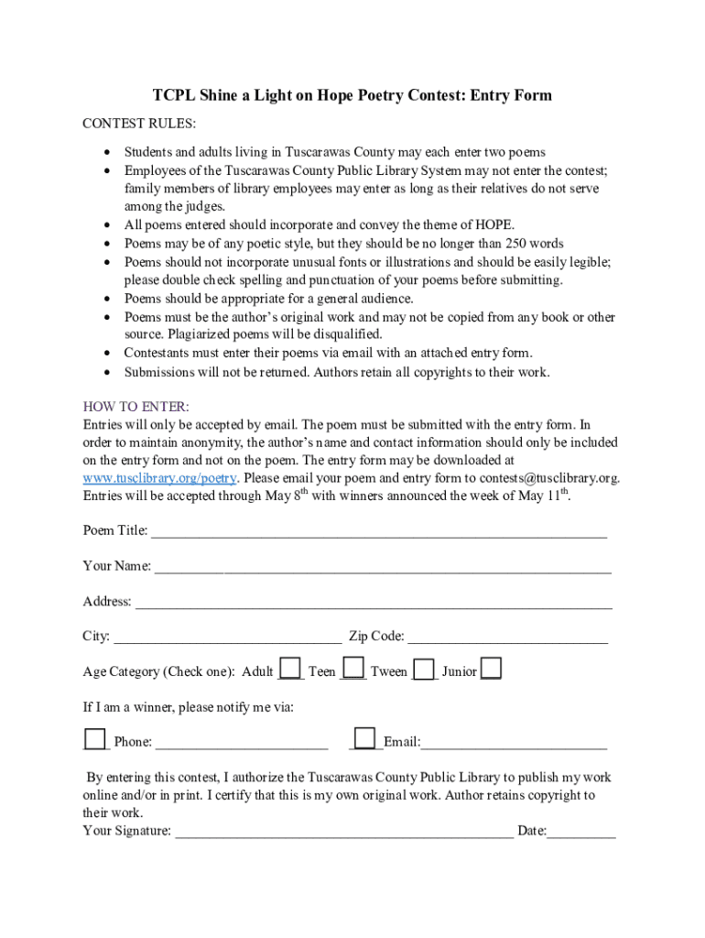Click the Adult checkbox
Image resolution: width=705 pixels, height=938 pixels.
(x=290, y=669)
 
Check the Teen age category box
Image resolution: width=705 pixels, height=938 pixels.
(x=353, y=669)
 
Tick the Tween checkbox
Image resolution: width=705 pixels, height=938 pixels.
(x=424, y=670)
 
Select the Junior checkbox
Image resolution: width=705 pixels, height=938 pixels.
(x=491, y=669)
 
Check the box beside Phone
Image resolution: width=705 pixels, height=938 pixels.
(x=94, y=738)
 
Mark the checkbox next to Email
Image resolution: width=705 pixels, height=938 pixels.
(x=364, y=738)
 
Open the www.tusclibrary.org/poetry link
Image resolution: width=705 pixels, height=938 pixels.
(x=160, y=478)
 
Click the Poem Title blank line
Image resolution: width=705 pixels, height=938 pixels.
(x=378, y=531)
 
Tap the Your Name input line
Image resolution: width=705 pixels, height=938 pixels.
(x=383, y=567)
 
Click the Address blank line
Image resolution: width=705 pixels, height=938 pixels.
(x=374, y=603)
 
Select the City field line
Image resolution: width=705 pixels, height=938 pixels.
(x=227, y=638)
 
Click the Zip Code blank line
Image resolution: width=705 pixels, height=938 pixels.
(x=507, y=638)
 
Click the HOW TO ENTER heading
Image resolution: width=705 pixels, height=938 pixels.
(x=136, y=407)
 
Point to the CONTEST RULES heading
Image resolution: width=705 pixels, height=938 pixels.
(x=139, y=124)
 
